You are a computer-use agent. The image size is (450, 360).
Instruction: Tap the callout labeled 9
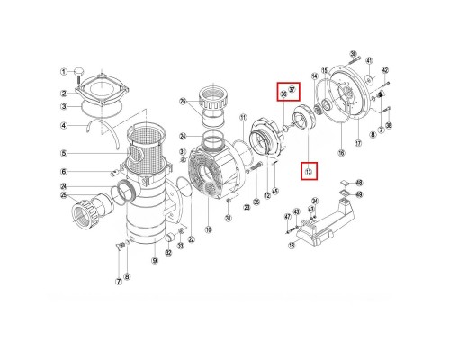tap(154, 261)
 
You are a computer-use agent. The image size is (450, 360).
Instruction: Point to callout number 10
tap(209, 230)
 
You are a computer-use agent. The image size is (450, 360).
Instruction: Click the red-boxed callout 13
tap(309, 170)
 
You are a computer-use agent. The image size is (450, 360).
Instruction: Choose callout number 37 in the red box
tap(291, 87)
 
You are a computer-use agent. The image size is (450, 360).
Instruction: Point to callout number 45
tap(275, 190)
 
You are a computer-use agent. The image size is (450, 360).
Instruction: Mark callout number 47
tap(288, 217)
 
